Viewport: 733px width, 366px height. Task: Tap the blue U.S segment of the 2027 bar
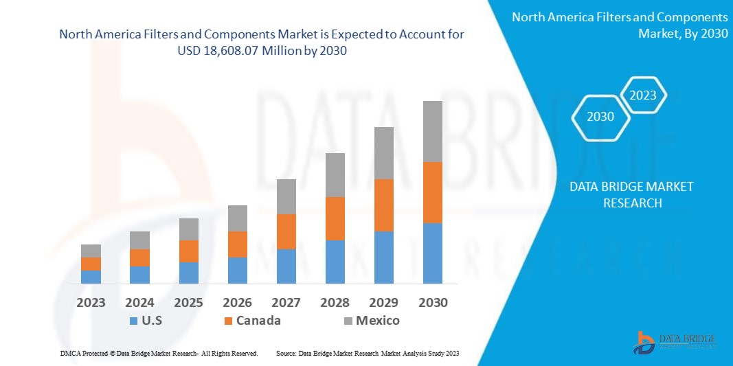point(286,266)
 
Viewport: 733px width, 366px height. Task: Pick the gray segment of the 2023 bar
point(91,251)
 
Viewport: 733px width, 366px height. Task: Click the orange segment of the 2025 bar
point(189,251)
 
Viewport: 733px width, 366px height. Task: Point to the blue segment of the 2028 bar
point(335,262)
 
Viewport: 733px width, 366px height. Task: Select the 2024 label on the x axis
point(139,303)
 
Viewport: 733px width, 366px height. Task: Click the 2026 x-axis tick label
point(238,303)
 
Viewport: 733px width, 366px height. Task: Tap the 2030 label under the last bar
point(433,303)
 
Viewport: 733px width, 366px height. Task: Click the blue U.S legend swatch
point(133,321)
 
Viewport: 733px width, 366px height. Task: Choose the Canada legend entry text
point(258,321)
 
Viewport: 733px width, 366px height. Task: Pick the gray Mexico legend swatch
point(347,321)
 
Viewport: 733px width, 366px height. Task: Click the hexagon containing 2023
point(643,95)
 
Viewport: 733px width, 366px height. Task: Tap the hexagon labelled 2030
point(600,117)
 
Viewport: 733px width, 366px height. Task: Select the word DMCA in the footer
point(70,353)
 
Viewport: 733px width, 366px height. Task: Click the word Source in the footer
point(286,353)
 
